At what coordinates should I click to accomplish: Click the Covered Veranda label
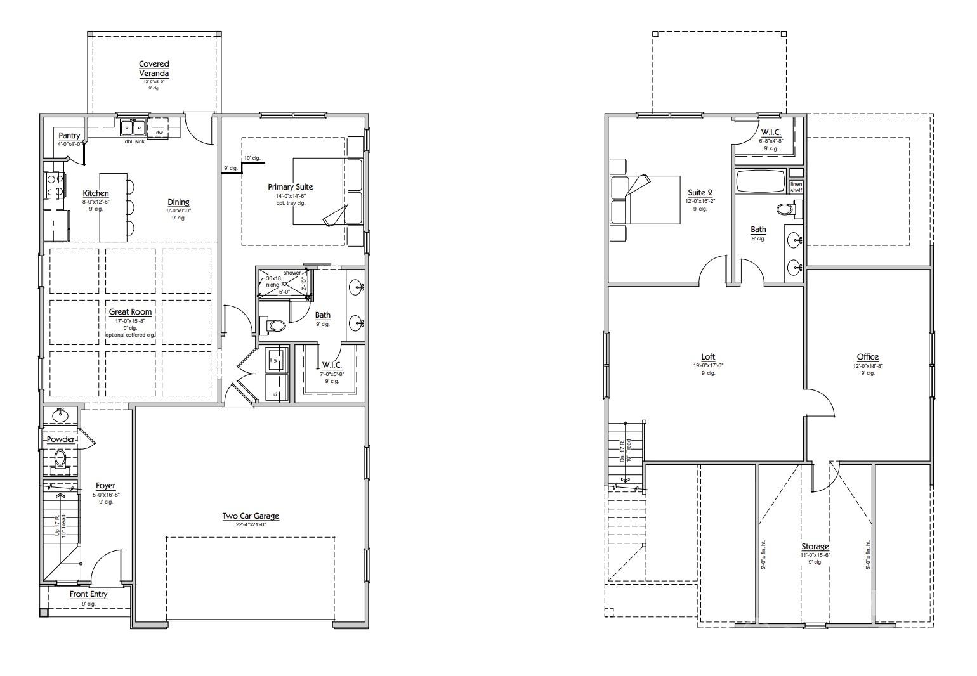154,68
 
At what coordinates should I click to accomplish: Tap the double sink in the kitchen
133,127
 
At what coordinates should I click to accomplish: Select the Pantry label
69,136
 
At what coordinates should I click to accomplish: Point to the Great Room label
130,312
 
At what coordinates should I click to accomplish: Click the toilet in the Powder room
60,458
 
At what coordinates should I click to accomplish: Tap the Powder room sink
60,415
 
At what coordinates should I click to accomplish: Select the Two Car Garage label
251,516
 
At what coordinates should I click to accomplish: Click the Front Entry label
88,594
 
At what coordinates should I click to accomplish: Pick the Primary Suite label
290,186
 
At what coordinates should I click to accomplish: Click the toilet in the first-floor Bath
277,326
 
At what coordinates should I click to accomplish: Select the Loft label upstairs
708,357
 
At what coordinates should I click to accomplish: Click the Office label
867,357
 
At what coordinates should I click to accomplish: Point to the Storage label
815,547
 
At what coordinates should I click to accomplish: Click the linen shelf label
796,187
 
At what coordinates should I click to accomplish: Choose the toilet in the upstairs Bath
789,209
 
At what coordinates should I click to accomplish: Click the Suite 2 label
700,193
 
